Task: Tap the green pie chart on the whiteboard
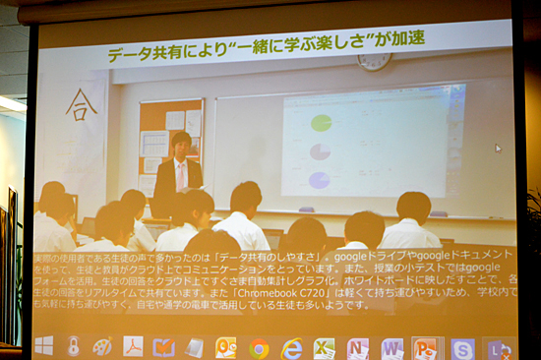[x=321, y=123]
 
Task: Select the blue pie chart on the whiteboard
[x=319, y=180]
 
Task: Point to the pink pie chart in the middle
[x=320, y=151]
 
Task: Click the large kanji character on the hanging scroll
[x=81, y=104]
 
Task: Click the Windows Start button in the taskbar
[x=44, y=345]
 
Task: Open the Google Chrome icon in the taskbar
[x=260, y=347]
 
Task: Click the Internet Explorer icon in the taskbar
[x=292, y=347]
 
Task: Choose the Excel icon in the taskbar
[x=325, y=348]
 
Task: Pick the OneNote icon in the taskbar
[x=358, y=348]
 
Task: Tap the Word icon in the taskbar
[x=392, y=348]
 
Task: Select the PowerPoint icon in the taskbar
[x=427, y=348]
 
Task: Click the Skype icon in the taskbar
[x=463, y=348]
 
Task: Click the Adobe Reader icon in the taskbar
[x=133, y=346]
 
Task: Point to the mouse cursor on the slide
[x=499, y=149]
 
